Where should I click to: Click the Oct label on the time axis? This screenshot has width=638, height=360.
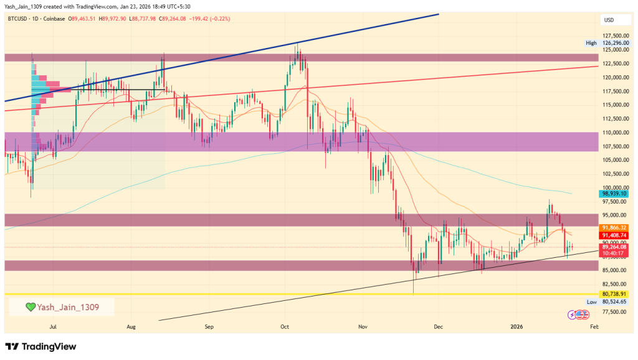pos(285,326)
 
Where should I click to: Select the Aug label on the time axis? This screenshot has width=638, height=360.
pos(131,326)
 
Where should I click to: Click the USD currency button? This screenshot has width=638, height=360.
pos(609,20)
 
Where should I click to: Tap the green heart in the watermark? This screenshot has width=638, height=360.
pos(29,307)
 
